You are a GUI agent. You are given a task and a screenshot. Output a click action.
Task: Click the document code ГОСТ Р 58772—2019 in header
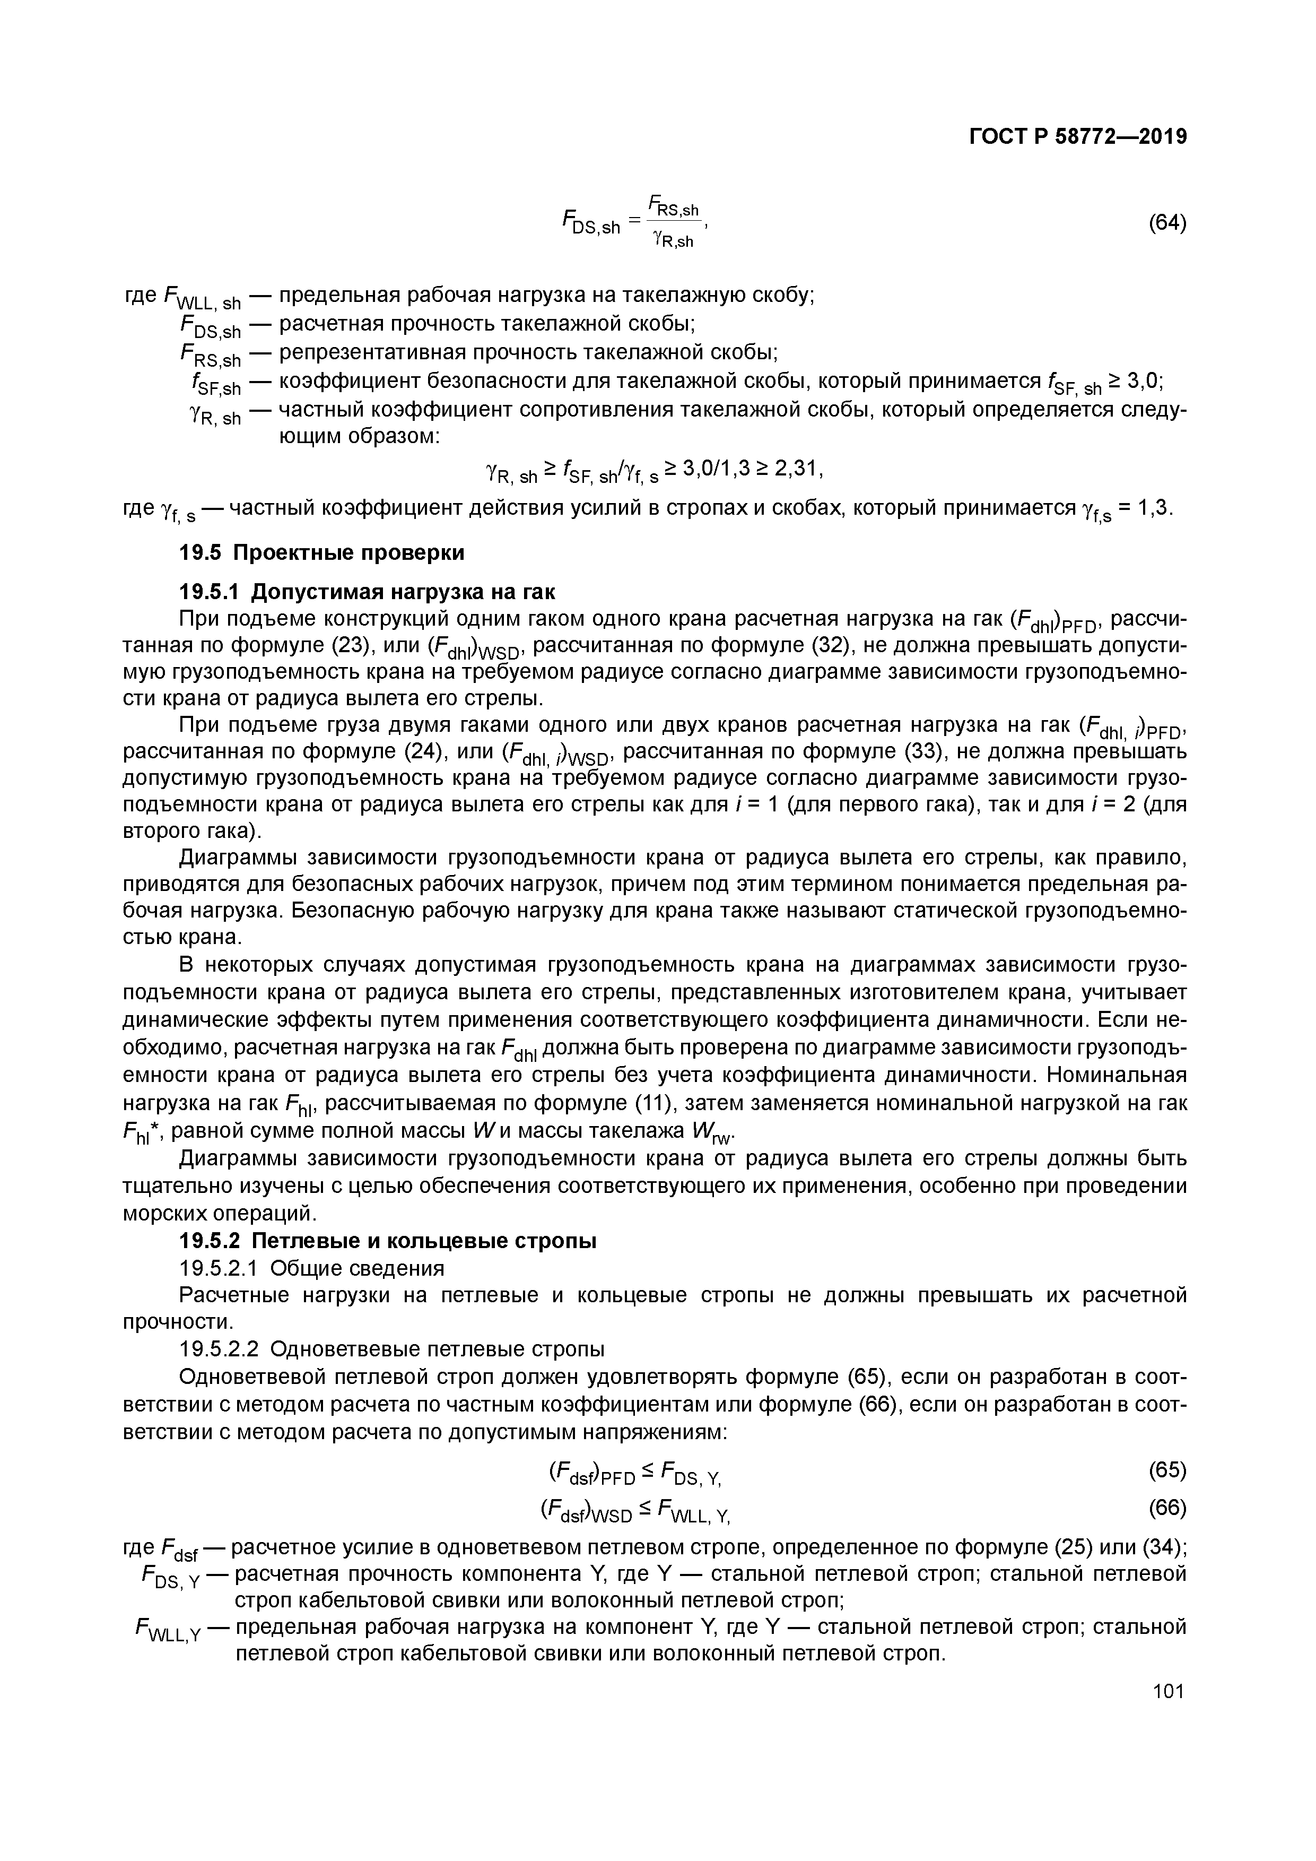pyautogui.click(x=1078, y=137)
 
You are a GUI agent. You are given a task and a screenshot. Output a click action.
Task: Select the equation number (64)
pyautogui.click(x=1167, y=223)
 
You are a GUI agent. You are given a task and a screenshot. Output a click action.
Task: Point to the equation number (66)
pyautogui.click(x=1167, y=1508)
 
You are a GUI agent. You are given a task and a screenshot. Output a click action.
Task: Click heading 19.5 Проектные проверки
pyautogui.click(x=322, y=553)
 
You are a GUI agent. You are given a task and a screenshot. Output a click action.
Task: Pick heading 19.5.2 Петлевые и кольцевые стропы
pyautogui.click(x=387, y=1241)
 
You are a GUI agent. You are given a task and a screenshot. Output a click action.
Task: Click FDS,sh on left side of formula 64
pyautogui.click(x=591, y=224)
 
